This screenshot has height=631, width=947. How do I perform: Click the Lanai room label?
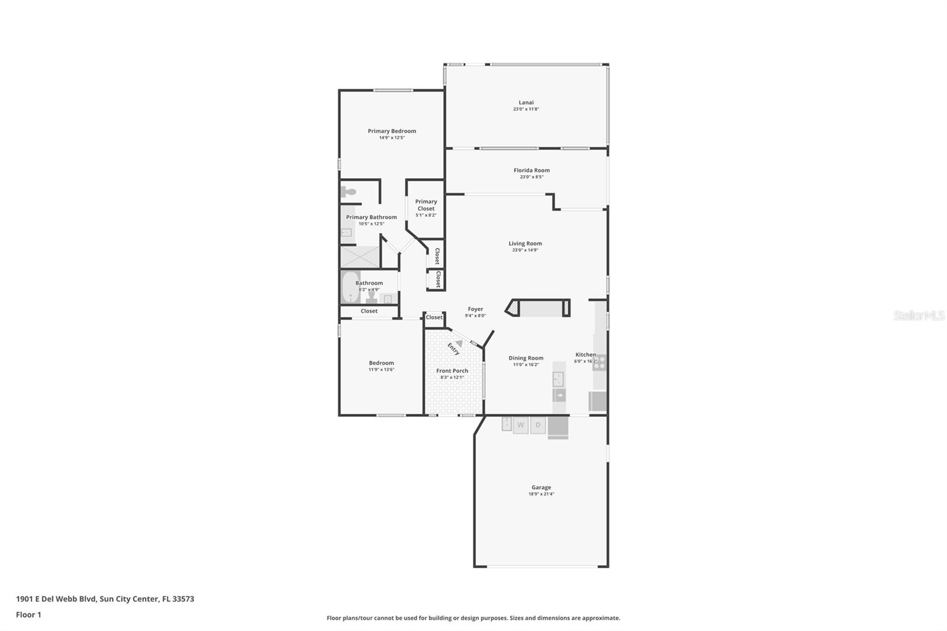click(526, 102)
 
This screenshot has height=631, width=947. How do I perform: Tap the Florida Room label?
click(532, 170)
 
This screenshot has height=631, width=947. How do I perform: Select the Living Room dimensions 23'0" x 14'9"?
click(525, 250)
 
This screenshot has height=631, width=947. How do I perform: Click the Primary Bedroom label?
click(392, 131)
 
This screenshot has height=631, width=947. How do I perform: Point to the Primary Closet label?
click(426, 205)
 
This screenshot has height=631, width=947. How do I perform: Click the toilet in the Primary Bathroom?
click(349, 192)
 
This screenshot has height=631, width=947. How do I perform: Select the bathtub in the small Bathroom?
click(350, 287)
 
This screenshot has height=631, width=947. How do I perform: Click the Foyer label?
click(475, 309)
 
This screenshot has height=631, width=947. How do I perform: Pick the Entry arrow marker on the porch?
click(458, 343)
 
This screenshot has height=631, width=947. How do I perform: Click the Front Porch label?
click(452, 371)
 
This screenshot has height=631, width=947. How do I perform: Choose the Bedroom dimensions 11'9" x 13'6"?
click(381, 370)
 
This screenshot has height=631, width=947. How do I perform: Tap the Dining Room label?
click(526, 358)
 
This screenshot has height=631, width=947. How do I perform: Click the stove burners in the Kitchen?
click(600, 362)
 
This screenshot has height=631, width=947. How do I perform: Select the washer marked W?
click(521, 425)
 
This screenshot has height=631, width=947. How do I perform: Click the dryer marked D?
click(538, 425)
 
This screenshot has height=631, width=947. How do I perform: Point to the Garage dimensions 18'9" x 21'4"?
click(541, 494)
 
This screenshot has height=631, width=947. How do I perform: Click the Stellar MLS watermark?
click(919, 316)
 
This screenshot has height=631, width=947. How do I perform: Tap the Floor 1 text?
click(28, 615)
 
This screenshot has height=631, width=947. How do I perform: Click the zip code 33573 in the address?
click(182, 599)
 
